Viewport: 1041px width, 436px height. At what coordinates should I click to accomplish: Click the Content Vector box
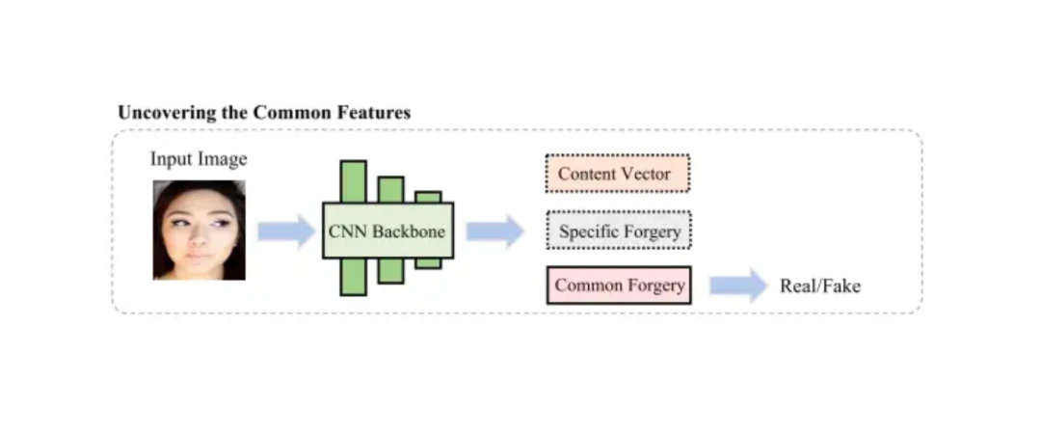pos(617,174)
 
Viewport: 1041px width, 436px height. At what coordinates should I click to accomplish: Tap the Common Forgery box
pos(619,286)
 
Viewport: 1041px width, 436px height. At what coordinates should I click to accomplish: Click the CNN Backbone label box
pos(388,232)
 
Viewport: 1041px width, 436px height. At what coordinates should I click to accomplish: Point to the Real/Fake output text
pos(820,286)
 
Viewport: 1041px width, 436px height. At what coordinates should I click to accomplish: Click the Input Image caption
pos(199,159)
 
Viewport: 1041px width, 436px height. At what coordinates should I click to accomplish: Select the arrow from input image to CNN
pos(286,232)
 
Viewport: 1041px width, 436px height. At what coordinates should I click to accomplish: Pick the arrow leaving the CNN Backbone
pos(494,232)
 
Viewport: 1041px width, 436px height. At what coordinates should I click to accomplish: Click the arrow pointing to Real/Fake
pos(738,286)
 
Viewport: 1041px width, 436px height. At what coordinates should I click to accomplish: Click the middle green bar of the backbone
pos(390,189)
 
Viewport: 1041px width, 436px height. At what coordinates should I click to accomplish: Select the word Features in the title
pos(374,113)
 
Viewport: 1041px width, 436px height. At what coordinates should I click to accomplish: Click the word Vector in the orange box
pos(646,174)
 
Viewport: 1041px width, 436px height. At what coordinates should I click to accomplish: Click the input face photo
pos(200,230)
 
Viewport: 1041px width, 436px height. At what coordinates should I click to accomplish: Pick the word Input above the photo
pos(171,159)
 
